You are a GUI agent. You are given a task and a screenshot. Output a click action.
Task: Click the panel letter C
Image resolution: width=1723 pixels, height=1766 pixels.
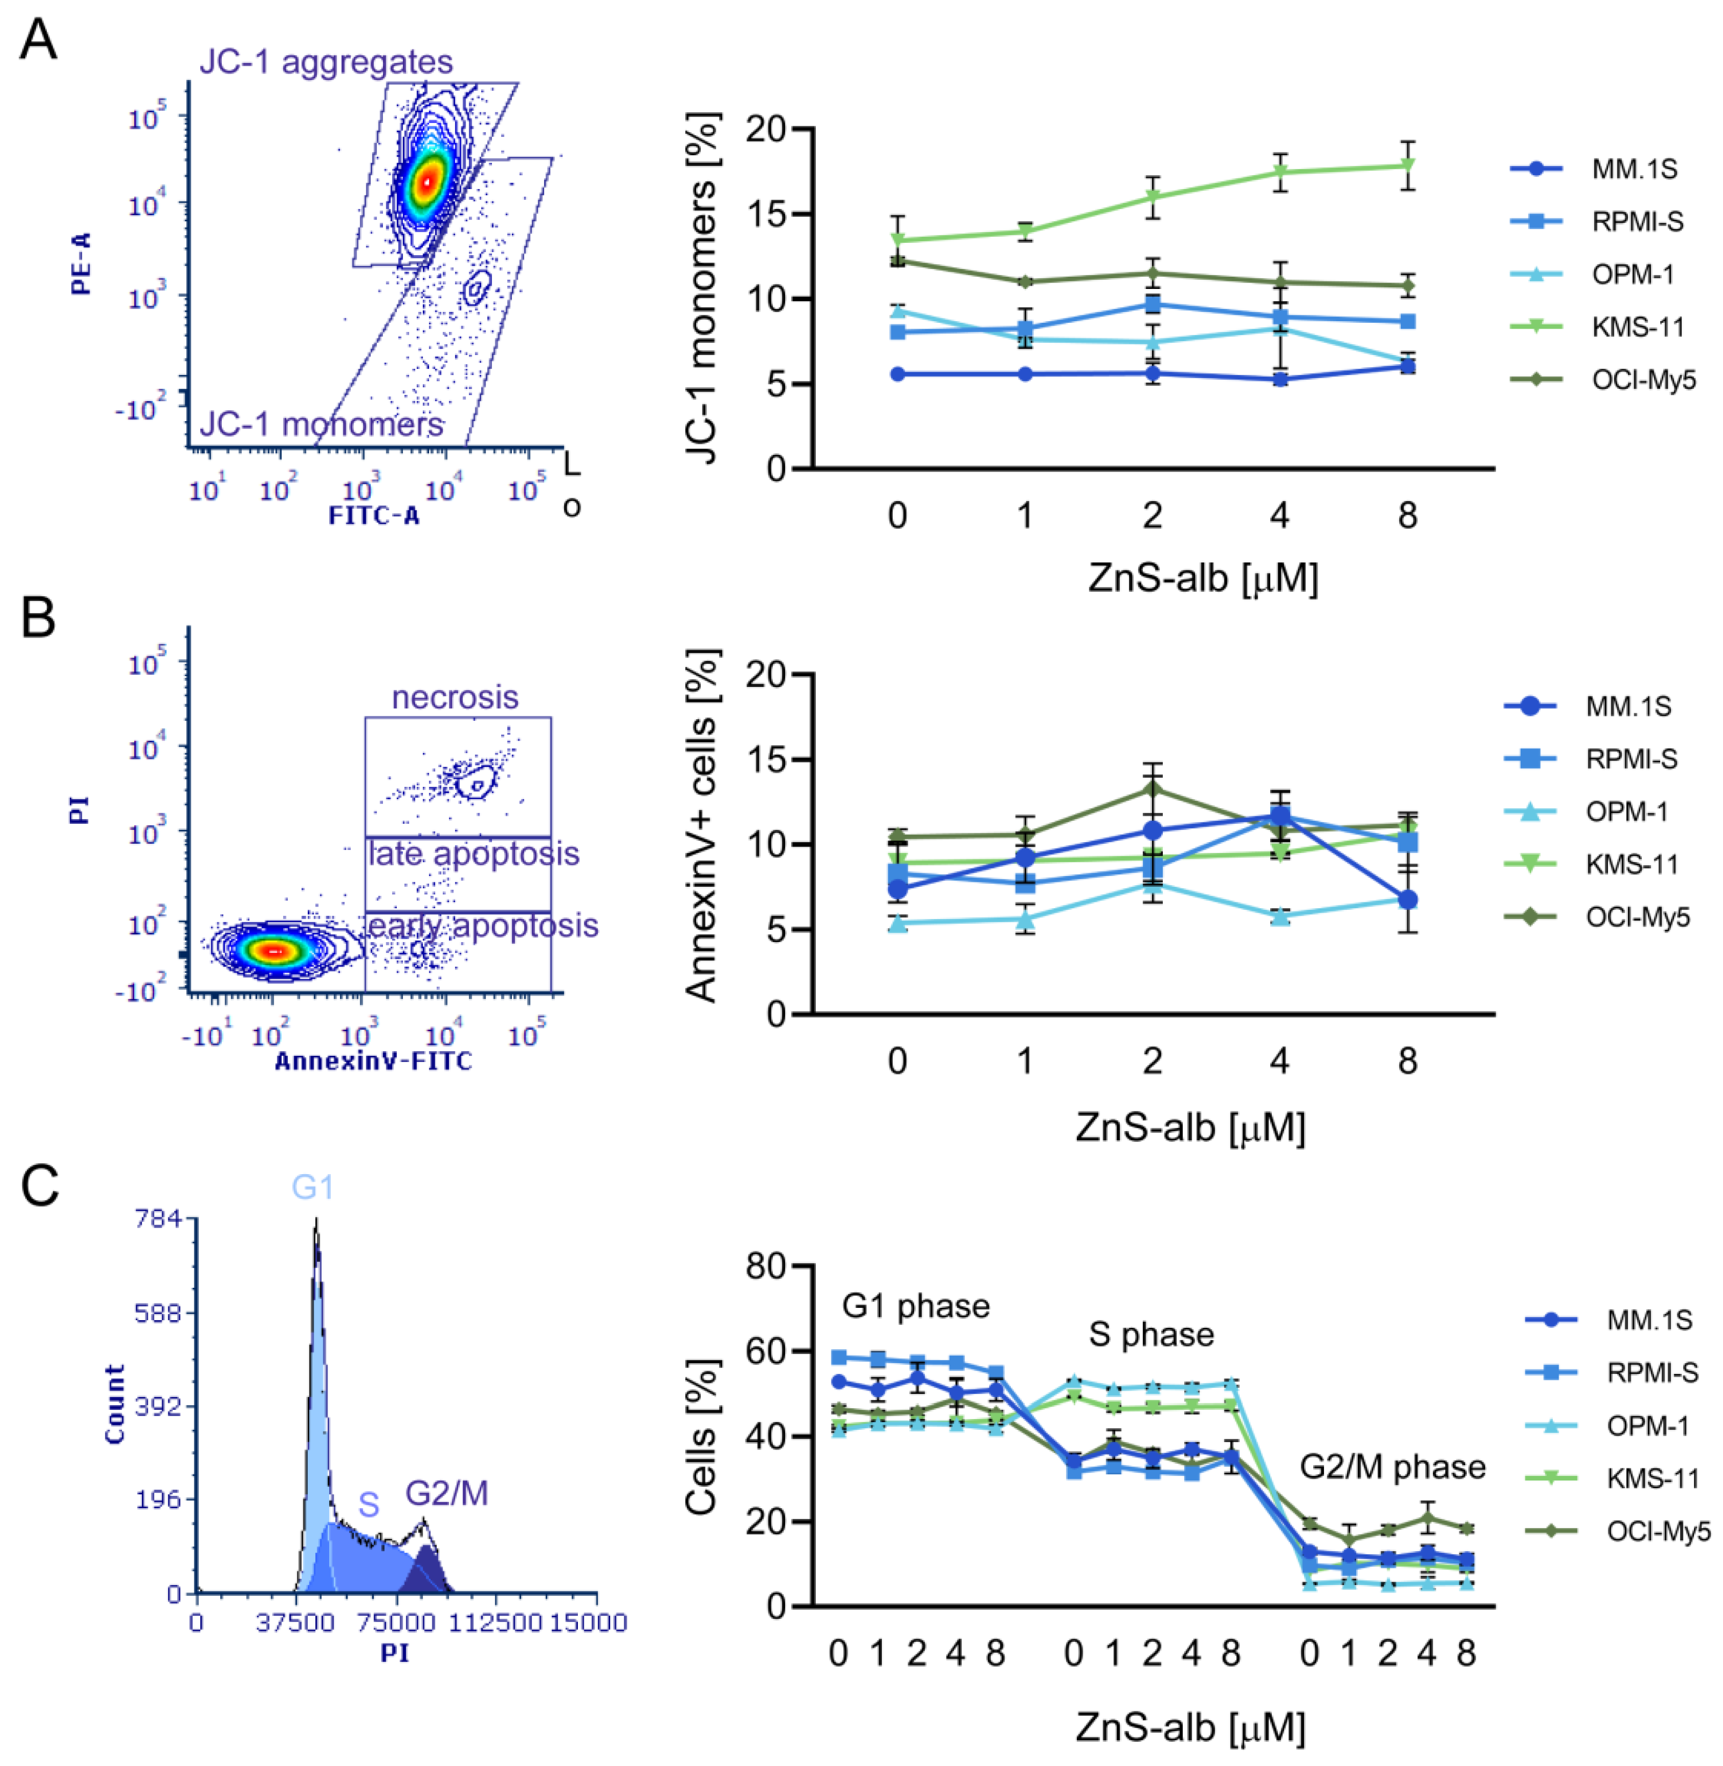point(40,1186)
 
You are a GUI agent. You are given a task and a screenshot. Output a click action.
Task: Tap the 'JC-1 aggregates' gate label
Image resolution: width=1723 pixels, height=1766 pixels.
point(326,62)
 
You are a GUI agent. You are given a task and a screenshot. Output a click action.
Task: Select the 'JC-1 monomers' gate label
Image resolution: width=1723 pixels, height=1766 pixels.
point(321,424)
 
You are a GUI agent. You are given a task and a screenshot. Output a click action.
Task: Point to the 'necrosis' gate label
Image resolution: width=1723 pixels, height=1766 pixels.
point(455,697)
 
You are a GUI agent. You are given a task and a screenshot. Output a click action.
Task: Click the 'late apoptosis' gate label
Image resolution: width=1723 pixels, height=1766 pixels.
point(473,853)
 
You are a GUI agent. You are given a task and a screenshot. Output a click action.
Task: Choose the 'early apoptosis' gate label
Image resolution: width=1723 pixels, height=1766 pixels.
point(481,925)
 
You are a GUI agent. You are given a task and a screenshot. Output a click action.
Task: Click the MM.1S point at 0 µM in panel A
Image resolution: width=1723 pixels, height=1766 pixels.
point(897,374)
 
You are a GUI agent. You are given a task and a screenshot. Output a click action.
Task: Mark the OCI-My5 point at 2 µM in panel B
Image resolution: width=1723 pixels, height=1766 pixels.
point(1152,788)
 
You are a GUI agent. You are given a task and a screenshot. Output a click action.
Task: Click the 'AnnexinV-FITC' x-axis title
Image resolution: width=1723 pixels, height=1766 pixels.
point(373,1062)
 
